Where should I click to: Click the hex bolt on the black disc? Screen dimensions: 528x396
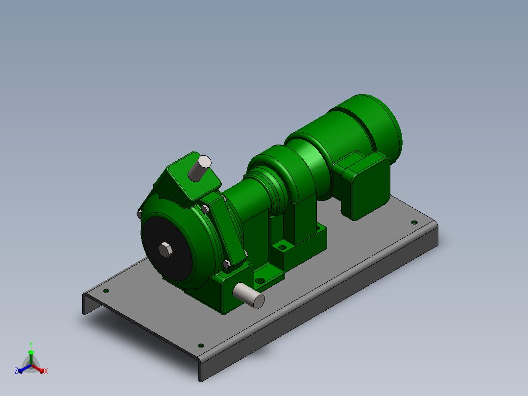166,250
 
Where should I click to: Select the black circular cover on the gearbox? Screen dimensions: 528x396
167,248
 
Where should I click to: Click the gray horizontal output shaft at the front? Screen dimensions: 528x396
249,296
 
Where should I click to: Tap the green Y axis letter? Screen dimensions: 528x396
31,345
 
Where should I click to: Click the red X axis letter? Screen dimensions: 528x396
46,371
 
